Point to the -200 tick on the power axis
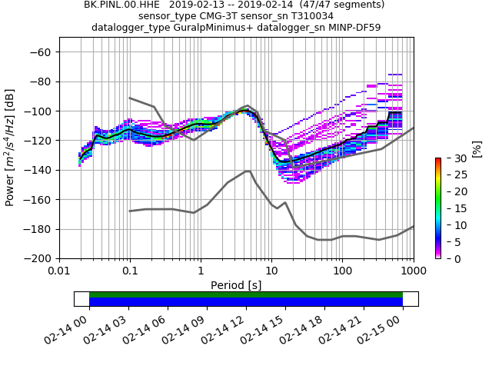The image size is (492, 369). [59, 258]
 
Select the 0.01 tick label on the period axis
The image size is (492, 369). [59, 271]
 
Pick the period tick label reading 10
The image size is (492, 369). [271, 271]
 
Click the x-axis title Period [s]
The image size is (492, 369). [236, 285]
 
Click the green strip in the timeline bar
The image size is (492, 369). [246, 294]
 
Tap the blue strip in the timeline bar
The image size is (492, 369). [246, 302]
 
